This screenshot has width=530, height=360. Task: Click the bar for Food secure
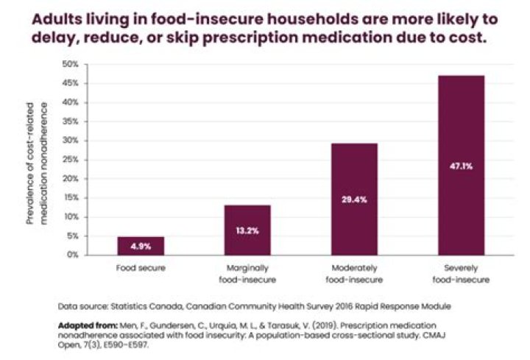tap(142, 245)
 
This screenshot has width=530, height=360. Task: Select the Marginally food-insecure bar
tap(247, 230)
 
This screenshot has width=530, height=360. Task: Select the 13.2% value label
tap(247, 230)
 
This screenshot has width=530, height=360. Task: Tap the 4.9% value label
tap(142, 246)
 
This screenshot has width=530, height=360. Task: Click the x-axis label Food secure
tap(142, 268)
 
